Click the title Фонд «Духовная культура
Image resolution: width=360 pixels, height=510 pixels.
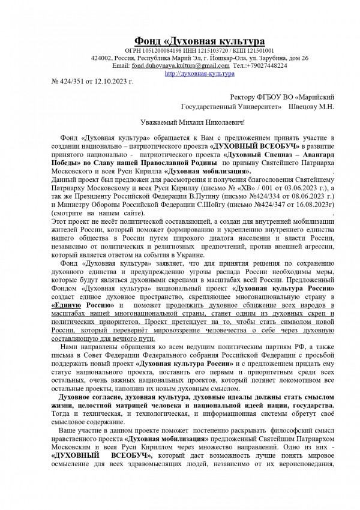click(x=199, y=41)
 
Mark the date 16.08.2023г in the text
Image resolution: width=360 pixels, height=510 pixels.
click(x=303, y=204)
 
